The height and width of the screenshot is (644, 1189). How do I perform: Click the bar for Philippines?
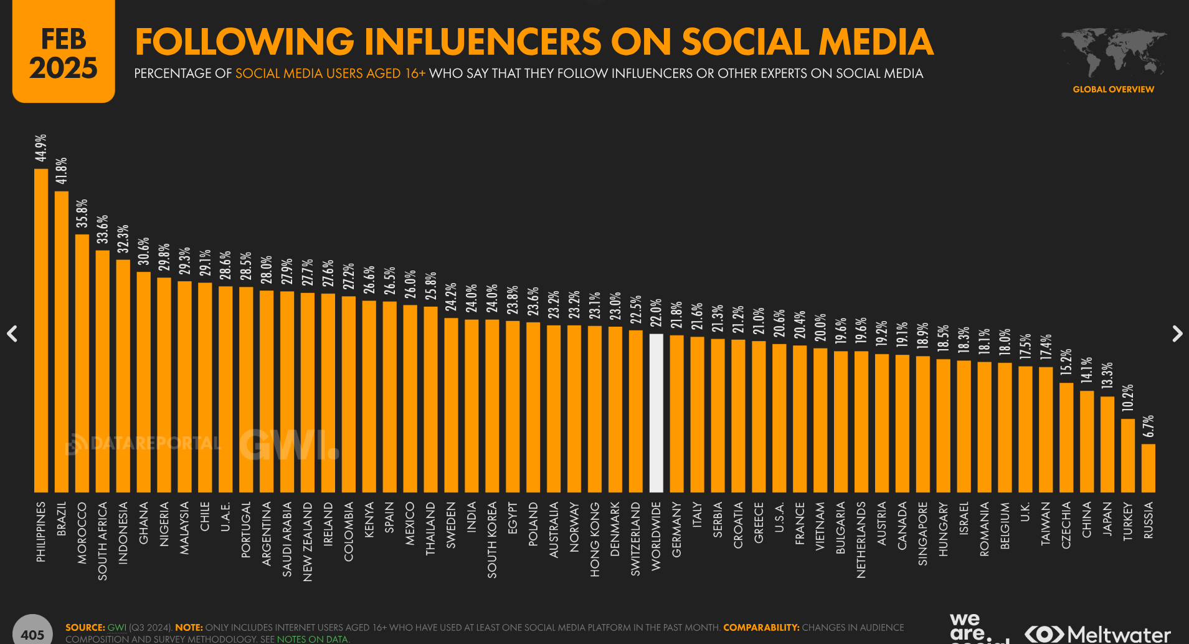coord(41,330)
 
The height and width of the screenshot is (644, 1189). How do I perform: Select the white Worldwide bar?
coord(656,413)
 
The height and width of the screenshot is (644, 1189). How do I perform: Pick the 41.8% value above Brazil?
coord(61,171)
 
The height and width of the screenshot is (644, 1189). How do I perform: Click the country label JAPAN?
coord(1107,519)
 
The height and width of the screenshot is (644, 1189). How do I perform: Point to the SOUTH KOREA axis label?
coord(492,540)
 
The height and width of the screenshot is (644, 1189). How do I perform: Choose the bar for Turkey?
coord(1128,455)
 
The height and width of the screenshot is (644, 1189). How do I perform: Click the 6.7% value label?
coord(1149,426)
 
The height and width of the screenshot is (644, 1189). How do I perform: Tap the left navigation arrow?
coord(12,334)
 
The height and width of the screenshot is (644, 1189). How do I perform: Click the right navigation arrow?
coord(1177,334)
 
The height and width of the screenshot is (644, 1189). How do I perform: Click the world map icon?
coord(1113,52)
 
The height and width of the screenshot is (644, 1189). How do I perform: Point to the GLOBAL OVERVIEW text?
coord(1113,90)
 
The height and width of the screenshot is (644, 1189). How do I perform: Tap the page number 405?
coord(32,634)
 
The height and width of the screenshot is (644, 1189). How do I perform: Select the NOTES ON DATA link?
coord(312,639)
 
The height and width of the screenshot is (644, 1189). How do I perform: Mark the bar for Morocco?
coord(82,363)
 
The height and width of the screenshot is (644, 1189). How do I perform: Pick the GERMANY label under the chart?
coord(677,529)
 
